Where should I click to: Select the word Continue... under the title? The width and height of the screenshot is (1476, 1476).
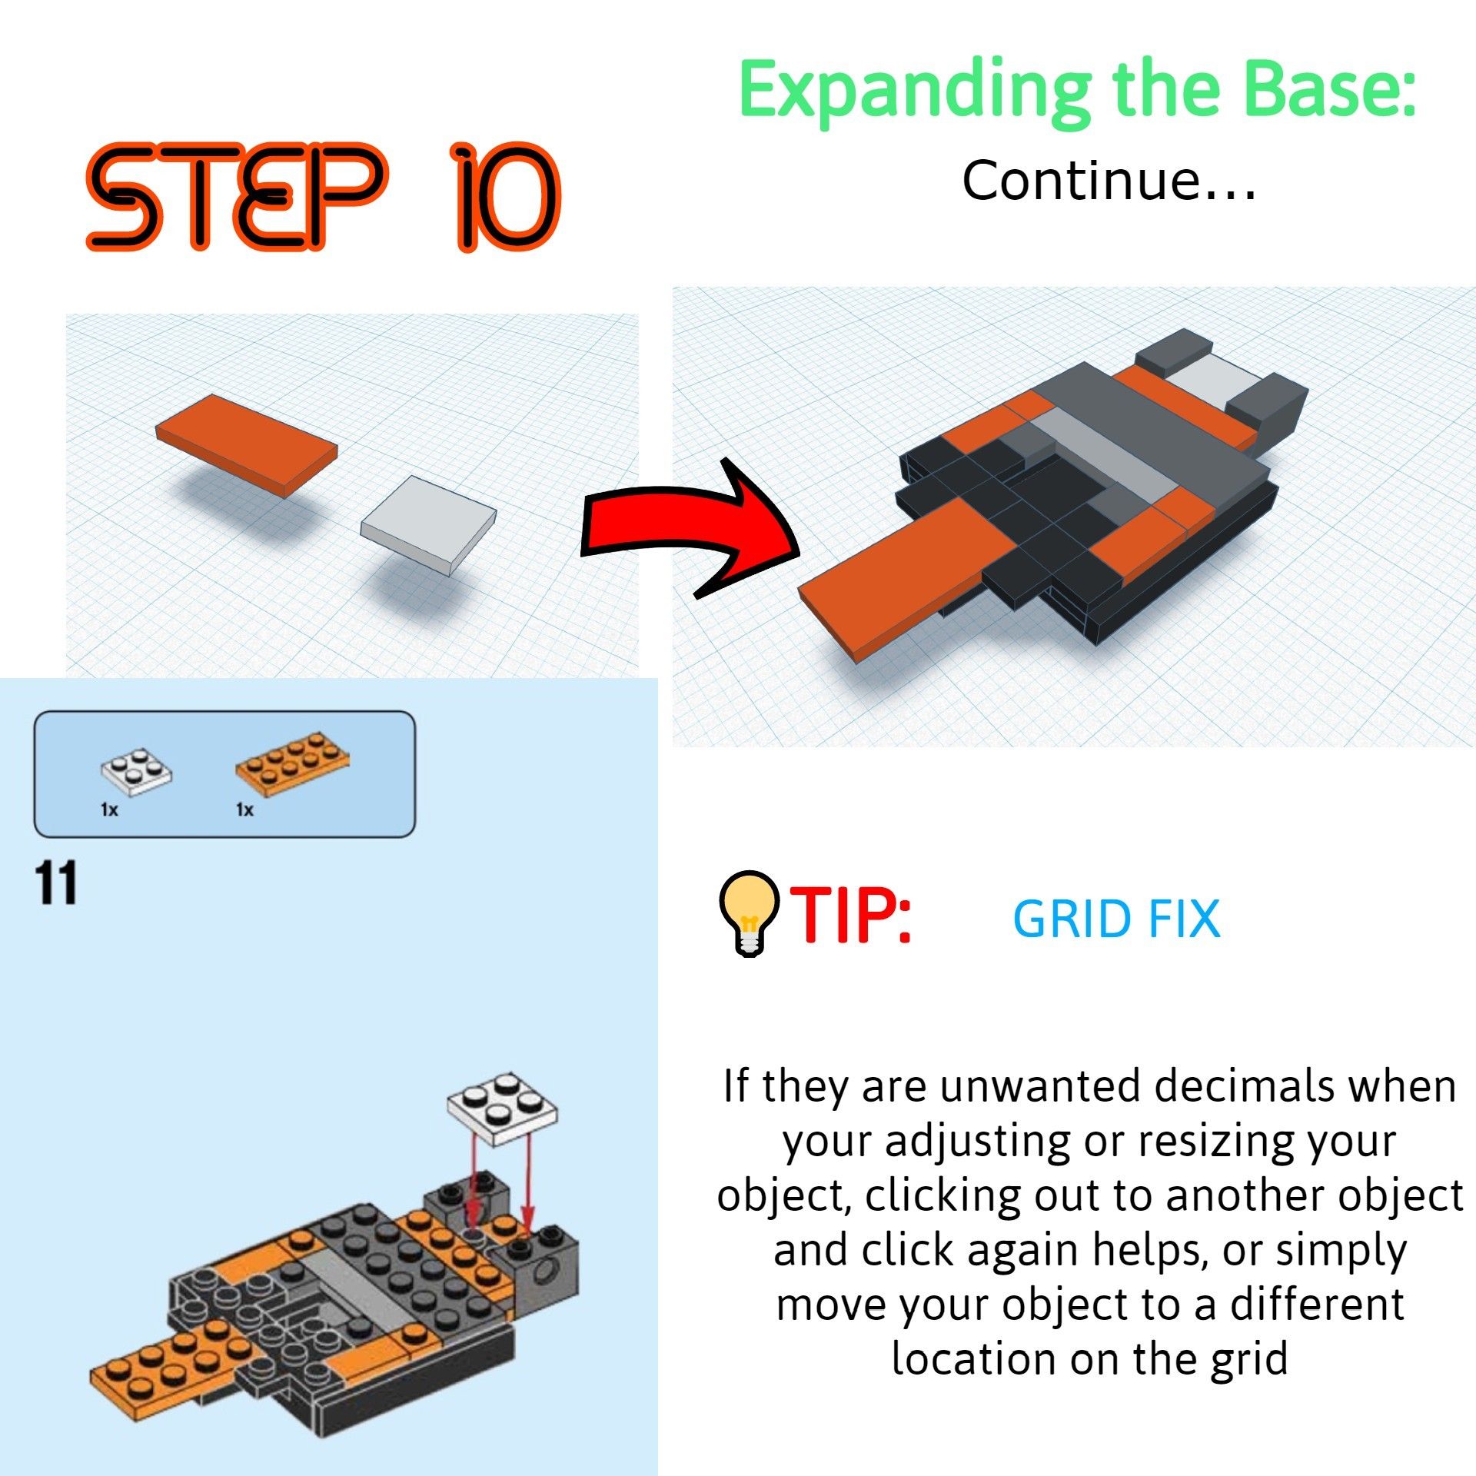point(1109,181)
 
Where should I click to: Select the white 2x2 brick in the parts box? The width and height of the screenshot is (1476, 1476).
point(136,770)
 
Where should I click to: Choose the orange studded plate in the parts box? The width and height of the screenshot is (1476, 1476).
point(292,764)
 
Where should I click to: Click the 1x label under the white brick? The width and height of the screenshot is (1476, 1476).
point(109,809)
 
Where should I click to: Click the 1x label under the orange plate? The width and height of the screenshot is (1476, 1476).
point(244,809)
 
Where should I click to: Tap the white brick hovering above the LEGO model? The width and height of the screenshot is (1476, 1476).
point(502,1107)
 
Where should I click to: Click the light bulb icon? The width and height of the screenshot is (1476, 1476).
point(747,910)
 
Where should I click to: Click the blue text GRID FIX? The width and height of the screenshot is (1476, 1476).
point(1116,919)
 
